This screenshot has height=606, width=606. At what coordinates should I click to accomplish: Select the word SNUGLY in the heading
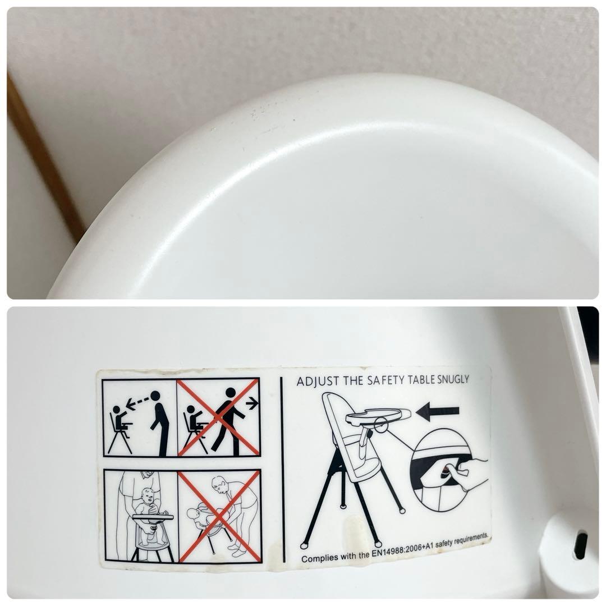click(453, 379)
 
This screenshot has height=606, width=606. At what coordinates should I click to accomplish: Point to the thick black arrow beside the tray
click(438, 412)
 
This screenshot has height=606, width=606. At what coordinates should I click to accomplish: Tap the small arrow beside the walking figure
click(252, 403)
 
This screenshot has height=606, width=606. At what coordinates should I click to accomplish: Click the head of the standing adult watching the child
click(155, 396)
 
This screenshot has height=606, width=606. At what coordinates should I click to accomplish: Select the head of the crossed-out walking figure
click(231, 393)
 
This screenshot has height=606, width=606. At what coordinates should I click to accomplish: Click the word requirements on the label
click(471, 539)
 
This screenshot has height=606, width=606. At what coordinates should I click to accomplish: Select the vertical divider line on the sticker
click(282, 469)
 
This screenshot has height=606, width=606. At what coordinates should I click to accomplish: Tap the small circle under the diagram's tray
click(381, 425)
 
